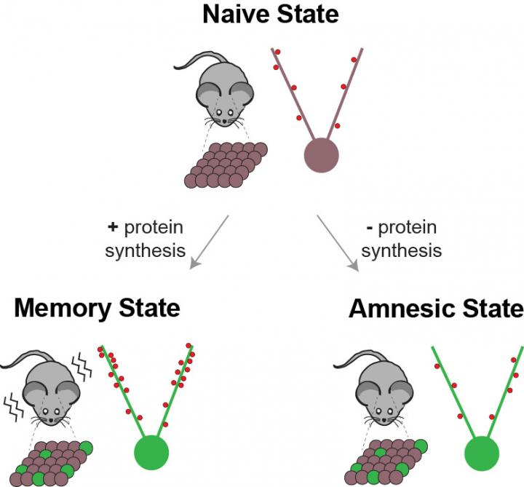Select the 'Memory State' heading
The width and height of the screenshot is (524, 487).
click(x=97, y=307)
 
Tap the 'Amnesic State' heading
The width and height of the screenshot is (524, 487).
click(x=436, y=308)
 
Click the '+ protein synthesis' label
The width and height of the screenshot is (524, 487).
click(x=145, y=239)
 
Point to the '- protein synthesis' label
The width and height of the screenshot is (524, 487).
click(x=401, y=239)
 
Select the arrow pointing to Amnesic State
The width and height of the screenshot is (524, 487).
click(x=338, y=243)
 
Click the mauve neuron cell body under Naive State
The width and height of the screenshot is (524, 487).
click(x=320, y=155)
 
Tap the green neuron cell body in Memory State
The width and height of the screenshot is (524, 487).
click(x=151, y=451)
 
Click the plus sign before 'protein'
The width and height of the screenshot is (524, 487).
click(x=113, y=228)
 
